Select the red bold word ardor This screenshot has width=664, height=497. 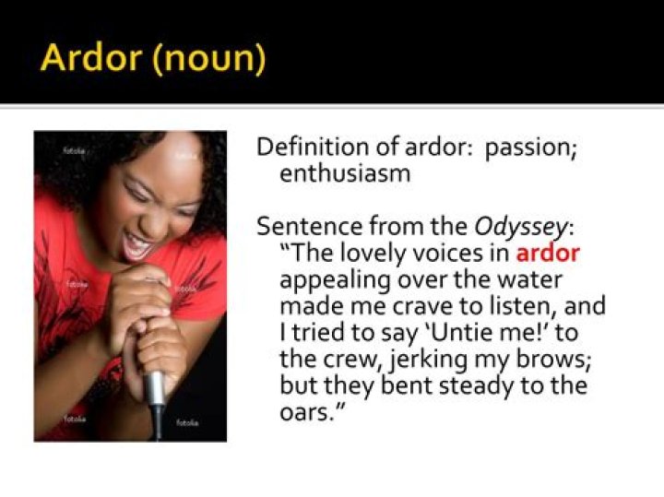[548, 253]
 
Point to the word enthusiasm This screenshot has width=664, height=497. [345, 173]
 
